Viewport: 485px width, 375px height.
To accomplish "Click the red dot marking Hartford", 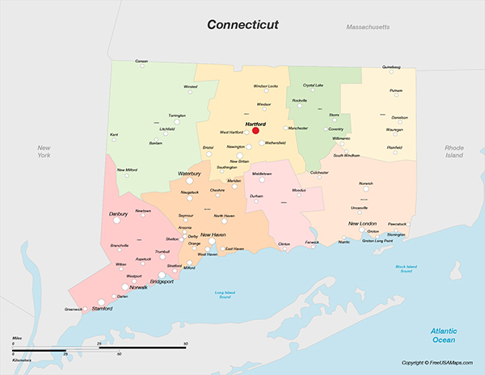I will coord(255,130).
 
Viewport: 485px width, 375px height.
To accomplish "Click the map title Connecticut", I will coord(242,24).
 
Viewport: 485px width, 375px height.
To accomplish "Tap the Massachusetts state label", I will coord(368,27).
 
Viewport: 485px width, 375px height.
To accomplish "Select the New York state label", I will coord(44,151).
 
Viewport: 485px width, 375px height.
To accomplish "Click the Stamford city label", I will coord(102,308).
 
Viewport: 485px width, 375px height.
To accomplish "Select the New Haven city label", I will coord(213,234).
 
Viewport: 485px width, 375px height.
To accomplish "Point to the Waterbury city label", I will coord(189,173).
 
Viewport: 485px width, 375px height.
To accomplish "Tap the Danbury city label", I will coord(118,213).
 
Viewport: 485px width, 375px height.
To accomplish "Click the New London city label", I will coord(362,223).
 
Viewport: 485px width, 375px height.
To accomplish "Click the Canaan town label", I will coord(141,61).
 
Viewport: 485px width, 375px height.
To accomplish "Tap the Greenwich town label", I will coord(73,309).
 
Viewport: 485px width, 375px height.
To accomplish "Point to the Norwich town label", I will coord(366,183).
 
